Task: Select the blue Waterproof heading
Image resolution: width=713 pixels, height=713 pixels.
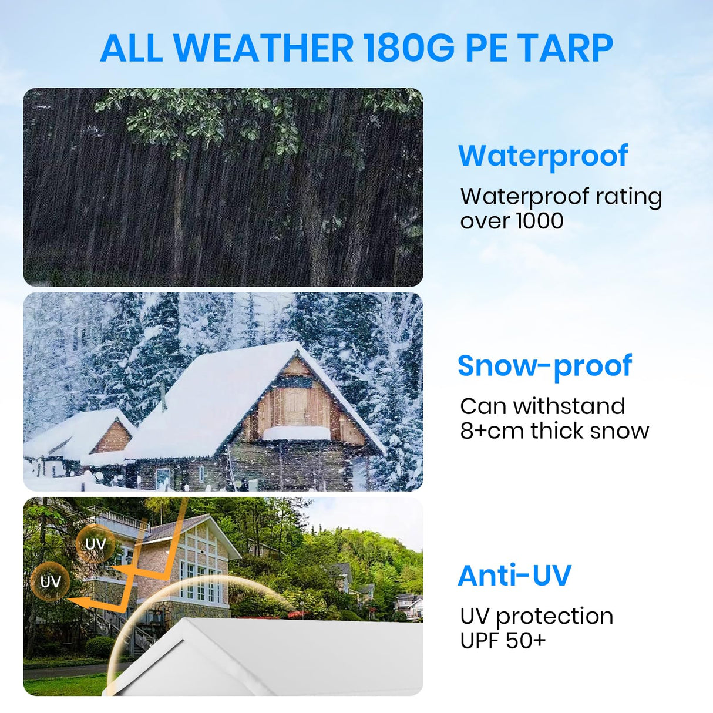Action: pos(543,156)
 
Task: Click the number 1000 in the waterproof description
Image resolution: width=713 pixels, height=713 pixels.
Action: pos(539,221)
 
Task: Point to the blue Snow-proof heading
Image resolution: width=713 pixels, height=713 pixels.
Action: pos(544,366)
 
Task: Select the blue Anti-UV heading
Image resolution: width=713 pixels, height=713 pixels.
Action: pos(514,576)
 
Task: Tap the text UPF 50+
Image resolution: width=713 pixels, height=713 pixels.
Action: pos(503,640)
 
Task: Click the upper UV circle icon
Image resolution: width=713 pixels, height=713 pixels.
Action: pos(95,544)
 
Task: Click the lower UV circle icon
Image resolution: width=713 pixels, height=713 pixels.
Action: pos(51,582)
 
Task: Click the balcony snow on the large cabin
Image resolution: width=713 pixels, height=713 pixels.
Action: pos(296,433)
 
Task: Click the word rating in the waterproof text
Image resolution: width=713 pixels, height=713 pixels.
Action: pos(628,197)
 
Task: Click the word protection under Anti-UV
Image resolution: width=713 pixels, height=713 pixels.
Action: pos(554,616)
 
